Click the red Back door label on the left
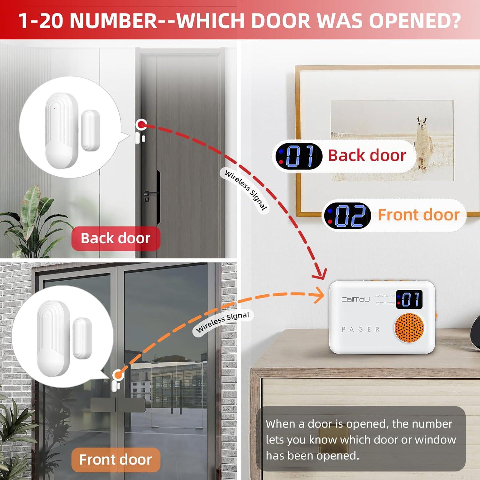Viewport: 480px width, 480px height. (x=116, y=238)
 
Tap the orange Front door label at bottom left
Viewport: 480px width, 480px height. (x=116, y=460)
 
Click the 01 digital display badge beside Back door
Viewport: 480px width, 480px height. (x=299, y=156)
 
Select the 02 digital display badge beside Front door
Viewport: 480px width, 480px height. (x=348, y=215)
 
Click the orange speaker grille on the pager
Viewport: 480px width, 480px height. (x=409, y=328)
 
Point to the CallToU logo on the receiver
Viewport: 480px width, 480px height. (x=355, y=300)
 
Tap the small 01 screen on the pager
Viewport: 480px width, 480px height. (x=409, y=300)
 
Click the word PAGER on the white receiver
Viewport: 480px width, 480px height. (x=361, y=329)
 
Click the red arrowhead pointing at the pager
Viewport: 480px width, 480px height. (x=320, y=274)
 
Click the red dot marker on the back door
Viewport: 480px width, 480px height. (x=141, y=125)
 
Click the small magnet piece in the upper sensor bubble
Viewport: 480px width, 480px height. (x=91, y=130)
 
